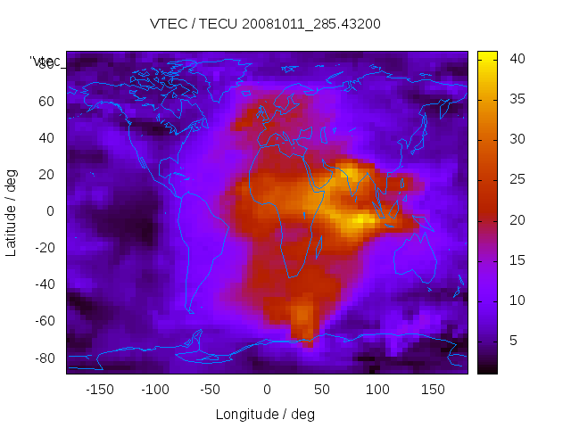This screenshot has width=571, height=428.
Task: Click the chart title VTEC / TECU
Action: (266, 24)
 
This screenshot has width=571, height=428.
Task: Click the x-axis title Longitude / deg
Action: (266, 414)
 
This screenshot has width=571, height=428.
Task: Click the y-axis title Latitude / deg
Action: (12, 211)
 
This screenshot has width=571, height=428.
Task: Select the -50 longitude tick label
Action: (211, 389)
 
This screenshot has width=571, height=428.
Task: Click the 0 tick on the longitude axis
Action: (266, 389)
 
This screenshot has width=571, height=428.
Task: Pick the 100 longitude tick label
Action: (377, 389)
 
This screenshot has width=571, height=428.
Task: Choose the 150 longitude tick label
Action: (433, 389)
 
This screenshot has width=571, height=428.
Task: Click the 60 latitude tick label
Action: (46, 101)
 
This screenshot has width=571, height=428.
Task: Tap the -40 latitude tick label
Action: (44, 284)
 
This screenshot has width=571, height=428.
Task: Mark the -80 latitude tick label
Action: (44, 358)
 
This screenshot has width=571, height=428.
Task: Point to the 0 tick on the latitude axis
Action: (51, 211)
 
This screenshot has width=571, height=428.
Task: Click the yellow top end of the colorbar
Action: (487, 55)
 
